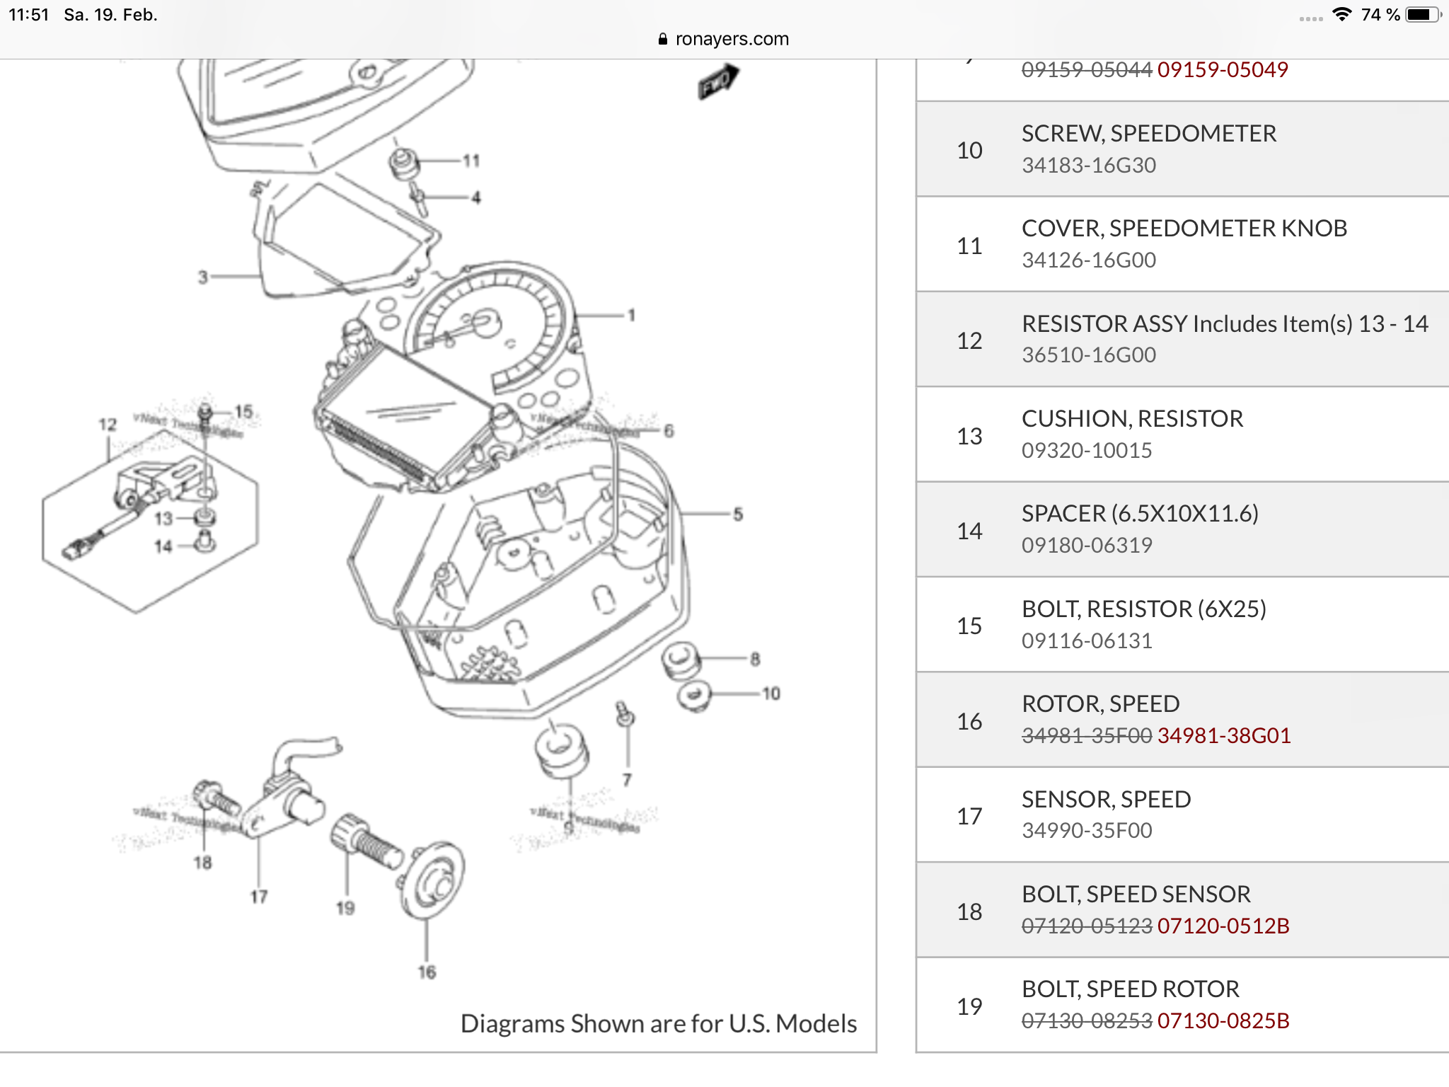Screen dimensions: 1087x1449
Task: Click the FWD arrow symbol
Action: [x=717, y=81]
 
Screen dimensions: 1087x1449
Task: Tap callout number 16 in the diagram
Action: [x=427, y=972]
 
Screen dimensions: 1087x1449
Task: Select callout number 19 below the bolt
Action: [x=345, y=907]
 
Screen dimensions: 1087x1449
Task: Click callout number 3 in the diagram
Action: [x=203, y=277]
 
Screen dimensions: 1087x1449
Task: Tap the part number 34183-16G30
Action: [x=1088, y=166]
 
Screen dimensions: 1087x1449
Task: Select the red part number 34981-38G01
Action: [x=1223, y=736]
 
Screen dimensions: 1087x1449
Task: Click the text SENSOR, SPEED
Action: [x=1106, y=799]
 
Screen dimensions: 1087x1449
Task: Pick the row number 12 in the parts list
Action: [x=969, y=340]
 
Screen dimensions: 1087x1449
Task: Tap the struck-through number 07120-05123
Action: [x=1087, y=926]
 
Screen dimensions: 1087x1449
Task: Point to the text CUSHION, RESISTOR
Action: [x=1132, y=419]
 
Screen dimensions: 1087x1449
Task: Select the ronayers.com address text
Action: [x=732, y=39]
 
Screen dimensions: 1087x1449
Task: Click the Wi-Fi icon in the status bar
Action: [x=1341, y=14]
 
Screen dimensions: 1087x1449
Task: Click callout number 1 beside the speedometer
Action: [x=631, y=315]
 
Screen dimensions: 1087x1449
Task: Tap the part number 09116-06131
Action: [x=1087, y=640]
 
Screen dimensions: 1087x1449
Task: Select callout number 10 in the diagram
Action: [x=771, y=694]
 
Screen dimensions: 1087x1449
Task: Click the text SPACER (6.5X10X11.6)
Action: [x=1140, y=514]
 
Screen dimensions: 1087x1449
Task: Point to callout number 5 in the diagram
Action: [x=738, y=514]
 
